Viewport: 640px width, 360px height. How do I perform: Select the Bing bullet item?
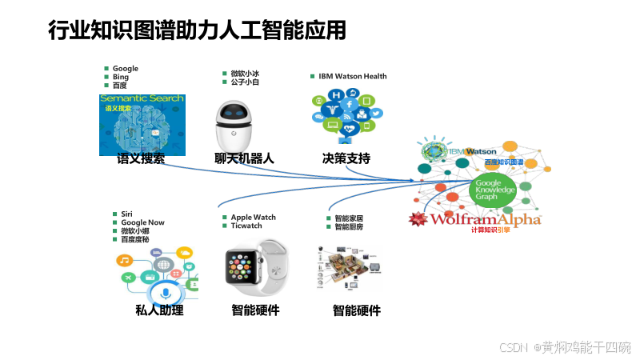click(x=121, y=77)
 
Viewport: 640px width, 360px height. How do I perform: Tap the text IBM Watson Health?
click(x=352, y=77)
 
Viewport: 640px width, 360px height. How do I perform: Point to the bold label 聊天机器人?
click(x=244, y=158)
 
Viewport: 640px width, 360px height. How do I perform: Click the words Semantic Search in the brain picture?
click(x=142, y=99)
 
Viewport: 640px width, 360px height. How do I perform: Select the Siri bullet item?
click(x=126, y=214)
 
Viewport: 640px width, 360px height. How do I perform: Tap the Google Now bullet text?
click(x=142, y=222)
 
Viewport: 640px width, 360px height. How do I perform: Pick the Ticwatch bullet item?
click(x=246, y=226)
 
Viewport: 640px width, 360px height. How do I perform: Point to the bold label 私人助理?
click(x=159, y=310)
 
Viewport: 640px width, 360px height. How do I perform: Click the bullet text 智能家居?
click(x=349, y=218)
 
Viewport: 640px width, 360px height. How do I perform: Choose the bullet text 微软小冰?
click(x=244, y=74)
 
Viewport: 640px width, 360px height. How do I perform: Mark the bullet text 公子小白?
click(x=244, y=82)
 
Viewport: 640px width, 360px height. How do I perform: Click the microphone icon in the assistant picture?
click(x=166, y=294)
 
